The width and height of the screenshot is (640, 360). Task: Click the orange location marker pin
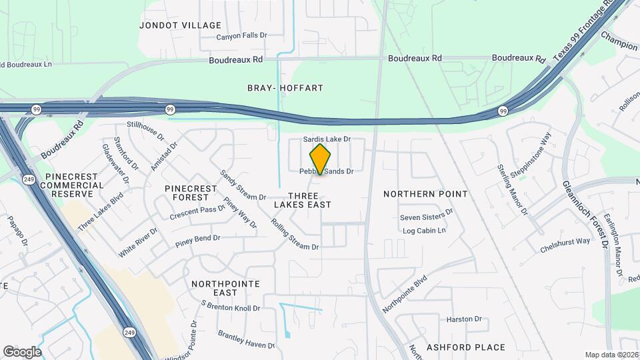point(320,159)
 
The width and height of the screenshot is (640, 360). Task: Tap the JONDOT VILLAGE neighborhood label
point(180,25)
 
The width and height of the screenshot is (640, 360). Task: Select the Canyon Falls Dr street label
point(241,37)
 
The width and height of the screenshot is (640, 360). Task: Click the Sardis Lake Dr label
point(327,139)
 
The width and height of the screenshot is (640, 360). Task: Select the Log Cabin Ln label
point(424,231)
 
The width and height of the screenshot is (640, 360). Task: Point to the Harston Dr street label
point(464,320)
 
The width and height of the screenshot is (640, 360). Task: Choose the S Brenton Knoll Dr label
point(230,306)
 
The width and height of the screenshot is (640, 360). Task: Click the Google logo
point(22,351)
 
